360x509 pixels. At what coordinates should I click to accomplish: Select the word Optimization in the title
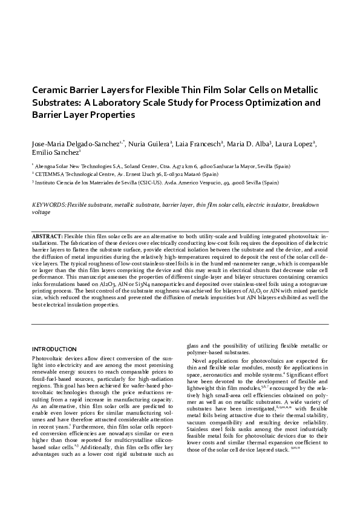277,102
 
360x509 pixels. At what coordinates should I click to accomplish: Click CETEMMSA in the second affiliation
50,173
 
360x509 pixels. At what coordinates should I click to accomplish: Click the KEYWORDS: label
49,206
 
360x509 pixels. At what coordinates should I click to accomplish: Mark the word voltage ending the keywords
41,212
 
